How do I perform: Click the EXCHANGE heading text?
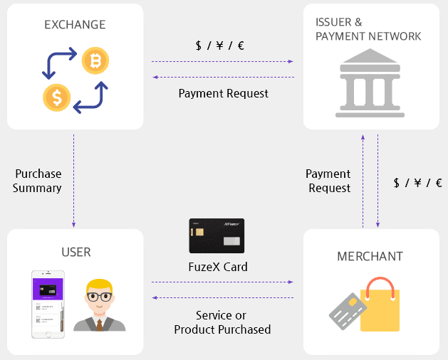(75, 25)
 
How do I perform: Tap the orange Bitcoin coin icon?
(95, 62)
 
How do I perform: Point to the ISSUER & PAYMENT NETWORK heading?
(368, 29)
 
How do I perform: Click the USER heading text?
(75, 253)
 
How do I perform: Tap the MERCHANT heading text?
(370, 256)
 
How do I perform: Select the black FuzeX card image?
(217, 235)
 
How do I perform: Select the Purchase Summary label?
(38, 181)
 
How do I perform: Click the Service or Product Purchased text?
(223, 322)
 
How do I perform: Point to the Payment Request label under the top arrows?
(224, 93)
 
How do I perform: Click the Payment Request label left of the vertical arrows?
(328, 181)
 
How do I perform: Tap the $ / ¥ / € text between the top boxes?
(219, 46)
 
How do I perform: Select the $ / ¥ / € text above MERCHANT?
(417, 183)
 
